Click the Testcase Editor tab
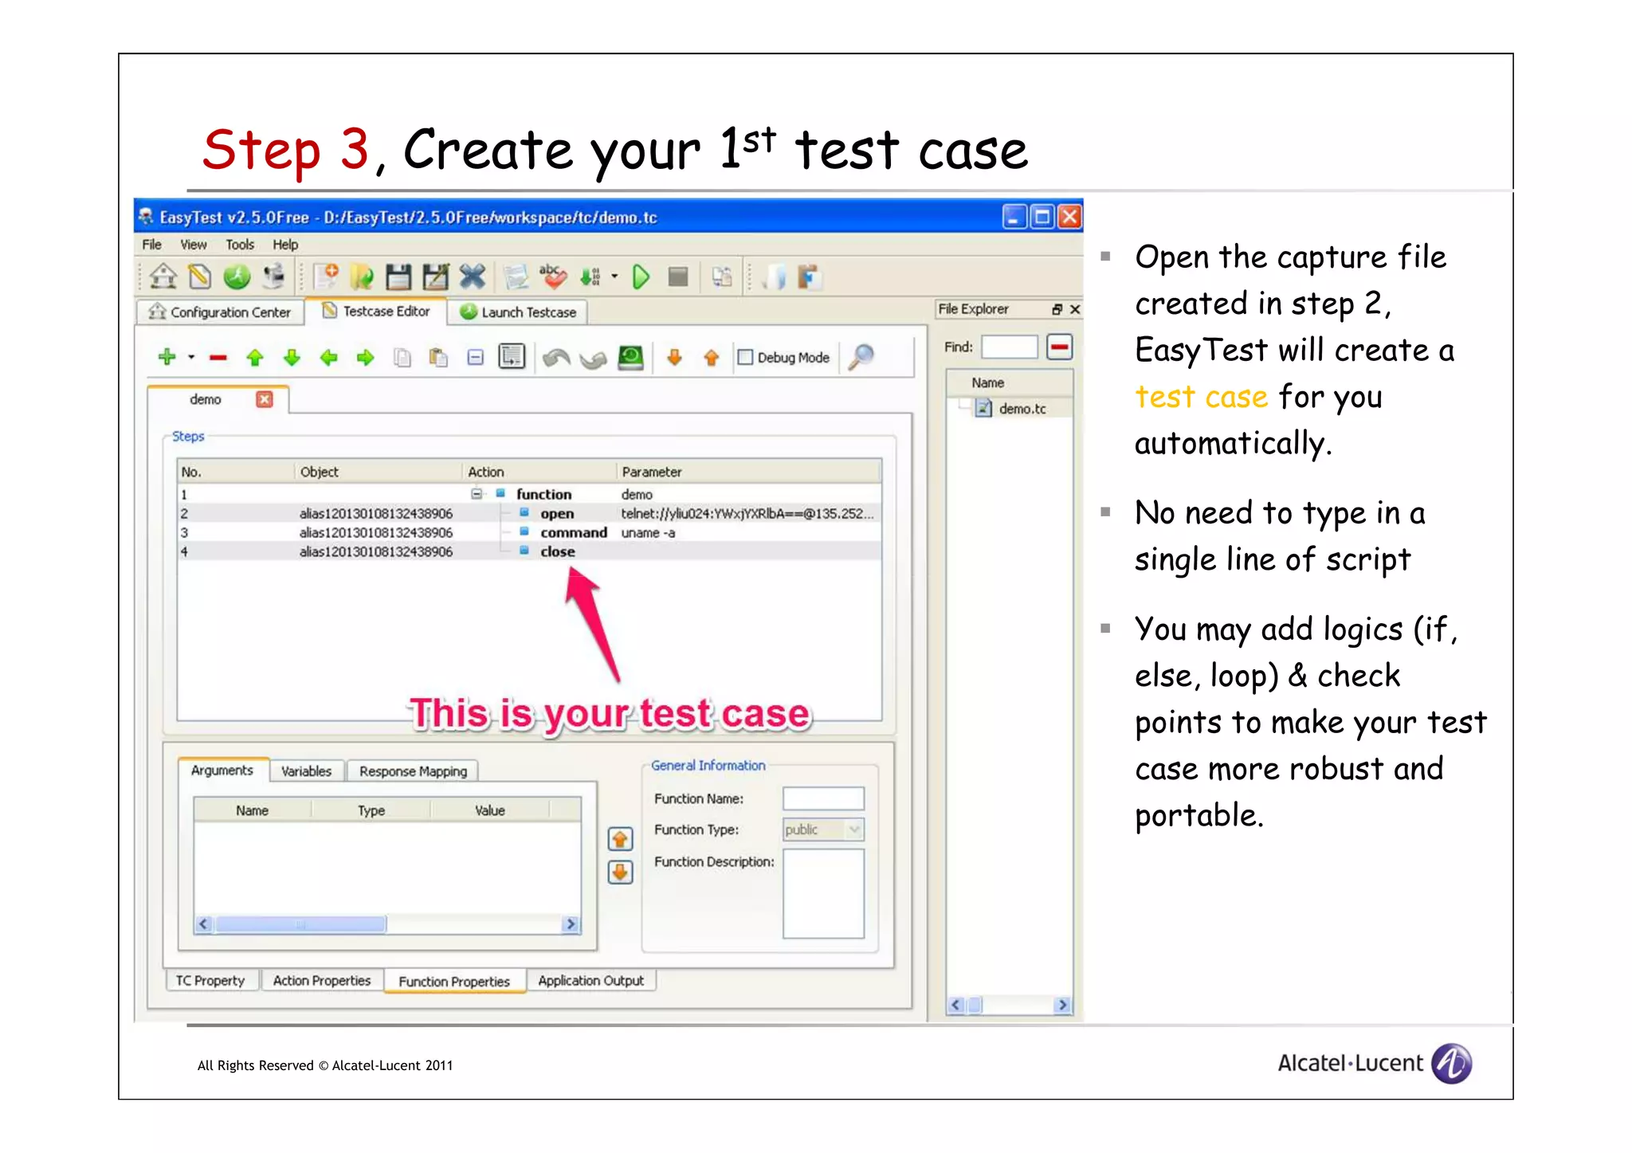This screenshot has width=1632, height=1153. [x=377, y=312]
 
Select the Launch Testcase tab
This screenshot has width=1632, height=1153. [x=519, y=312]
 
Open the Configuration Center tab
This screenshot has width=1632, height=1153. [x=221, y=312]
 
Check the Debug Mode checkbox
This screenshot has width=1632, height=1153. [x=746, y=358]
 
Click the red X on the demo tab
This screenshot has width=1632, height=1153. [x=265, y=399]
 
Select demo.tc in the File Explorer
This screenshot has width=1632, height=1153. [x=1022, y=409]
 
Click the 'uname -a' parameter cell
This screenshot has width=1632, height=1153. [x=648, y=533]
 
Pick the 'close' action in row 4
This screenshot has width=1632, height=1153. [x=557, y=552]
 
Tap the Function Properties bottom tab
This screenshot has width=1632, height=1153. [x=453, y=982]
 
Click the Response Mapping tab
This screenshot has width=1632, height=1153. [x=413, y=771]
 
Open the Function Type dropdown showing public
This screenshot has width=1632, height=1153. [x=854, y=829]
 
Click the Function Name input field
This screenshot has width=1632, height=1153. [x=823, y=798]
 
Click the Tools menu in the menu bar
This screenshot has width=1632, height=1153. [x=239, y=245]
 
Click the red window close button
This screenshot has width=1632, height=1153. [x=1070, y=217]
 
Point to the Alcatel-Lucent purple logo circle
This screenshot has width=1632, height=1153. [x=1451, y=1063]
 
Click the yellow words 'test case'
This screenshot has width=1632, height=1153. [x=1201, y=396]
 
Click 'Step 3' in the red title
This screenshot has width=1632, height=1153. [x=285, y=150]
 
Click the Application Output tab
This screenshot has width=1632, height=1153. [x=590, y=981]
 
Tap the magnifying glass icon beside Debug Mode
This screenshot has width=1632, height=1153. [x=861, y=356]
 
